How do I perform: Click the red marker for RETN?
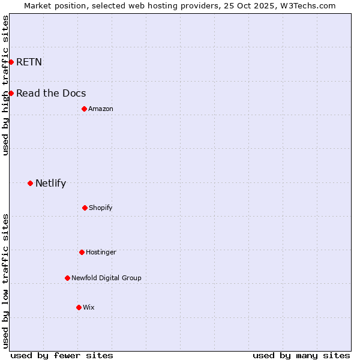pyautogui.click(x=11, y=62)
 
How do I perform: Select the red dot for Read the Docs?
pyautogui.click(x=11, y=93)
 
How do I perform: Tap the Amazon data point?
pyautogui.click(x=84, y=109)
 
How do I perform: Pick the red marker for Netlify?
pyautogui.click(x=30, y=183)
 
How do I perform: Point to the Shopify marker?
pyautogui.click(x=85, y=208)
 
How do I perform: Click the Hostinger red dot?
pyautogui.click(x=82, y=252)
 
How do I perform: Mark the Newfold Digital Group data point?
pyautogui.click(x=67, y=278)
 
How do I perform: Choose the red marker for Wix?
pyautogui.click(x=79, y=307)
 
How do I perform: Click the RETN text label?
pyautogui.click(x=29, y=62)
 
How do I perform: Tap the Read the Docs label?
pyautogui.click(x=51, y=93)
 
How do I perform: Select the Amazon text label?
pyautogui.click(x=101, y=109)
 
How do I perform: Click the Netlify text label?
pyautogui.click(x=50, y=183)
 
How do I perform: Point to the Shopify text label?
pyautogui.click(x=101, y=208)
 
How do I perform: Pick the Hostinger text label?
pyautogui.click(x=101, y=252)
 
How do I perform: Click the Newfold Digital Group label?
pyautogui.click(x=106, y=278)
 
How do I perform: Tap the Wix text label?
pyautogui.click(x=89, y=307)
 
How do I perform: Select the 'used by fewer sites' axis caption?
pyautogui.click(x=62, y=355)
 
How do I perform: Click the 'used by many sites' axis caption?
pyautogui.click(x=301, y=355)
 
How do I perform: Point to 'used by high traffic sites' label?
pyautogui.click(x=5, y=85)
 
